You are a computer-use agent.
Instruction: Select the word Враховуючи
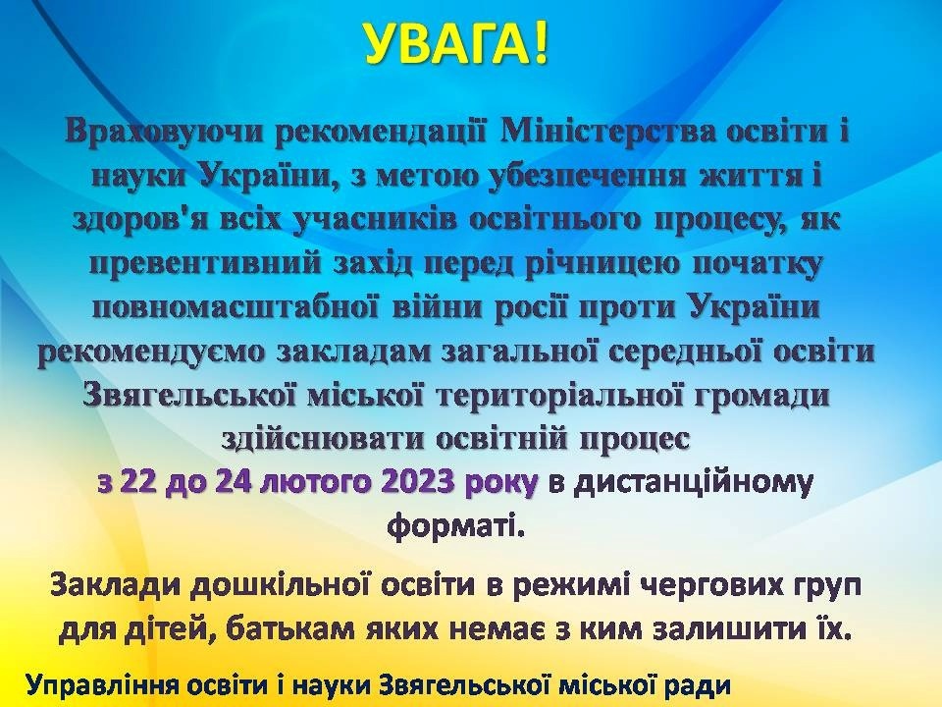click(x=165, y=133)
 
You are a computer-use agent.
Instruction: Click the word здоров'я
click(x=148, y=220)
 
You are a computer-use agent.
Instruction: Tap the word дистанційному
click(x=694, y=483)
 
